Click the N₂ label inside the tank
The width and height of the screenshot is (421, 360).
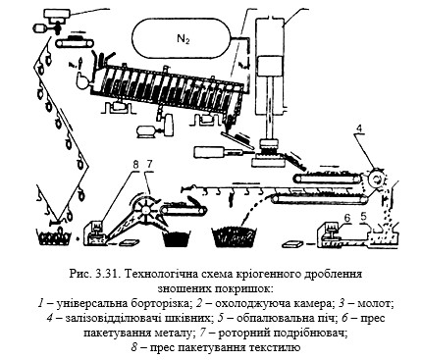pos(184,40)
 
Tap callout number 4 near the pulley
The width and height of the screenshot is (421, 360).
pos(359,129)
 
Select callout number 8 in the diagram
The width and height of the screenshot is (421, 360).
pos(136,165)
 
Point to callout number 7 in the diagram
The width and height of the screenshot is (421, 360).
pos(149,165)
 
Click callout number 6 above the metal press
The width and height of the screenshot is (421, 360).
pos(347,217)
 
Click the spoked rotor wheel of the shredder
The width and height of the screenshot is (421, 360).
pos(144,209)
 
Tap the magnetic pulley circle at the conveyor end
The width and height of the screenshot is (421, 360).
pos(376,180)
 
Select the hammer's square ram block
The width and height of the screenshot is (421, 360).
pos(270,65)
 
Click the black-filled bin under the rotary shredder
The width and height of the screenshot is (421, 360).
pos(177,238)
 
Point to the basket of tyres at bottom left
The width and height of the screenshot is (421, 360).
pos(55,237)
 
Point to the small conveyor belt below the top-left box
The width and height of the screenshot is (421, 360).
pos(75,41)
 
